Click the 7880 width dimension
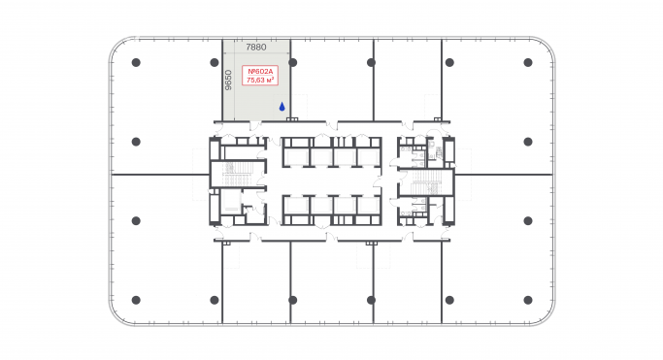tap(256, 47)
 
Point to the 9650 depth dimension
tap(228, 80)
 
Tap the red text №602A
tap(259, 71)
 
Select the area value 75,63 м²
tap(259, 82)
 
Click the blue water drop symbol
tap(282, 107)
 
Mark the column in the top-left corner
tap(135, 62)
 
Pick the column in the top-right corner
tap(528, 62)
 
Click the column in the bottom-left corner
tap(135, 299)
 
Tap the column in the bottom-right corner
tap(528, 299)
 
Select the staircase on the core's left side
tap(236, 174)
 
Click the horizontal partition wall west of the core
tap(160, 175)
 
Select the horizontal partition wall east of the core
tap(505, 175)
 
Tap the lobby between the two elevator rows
tap(331, 181)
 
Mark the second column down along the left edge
tap(135, 141)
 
